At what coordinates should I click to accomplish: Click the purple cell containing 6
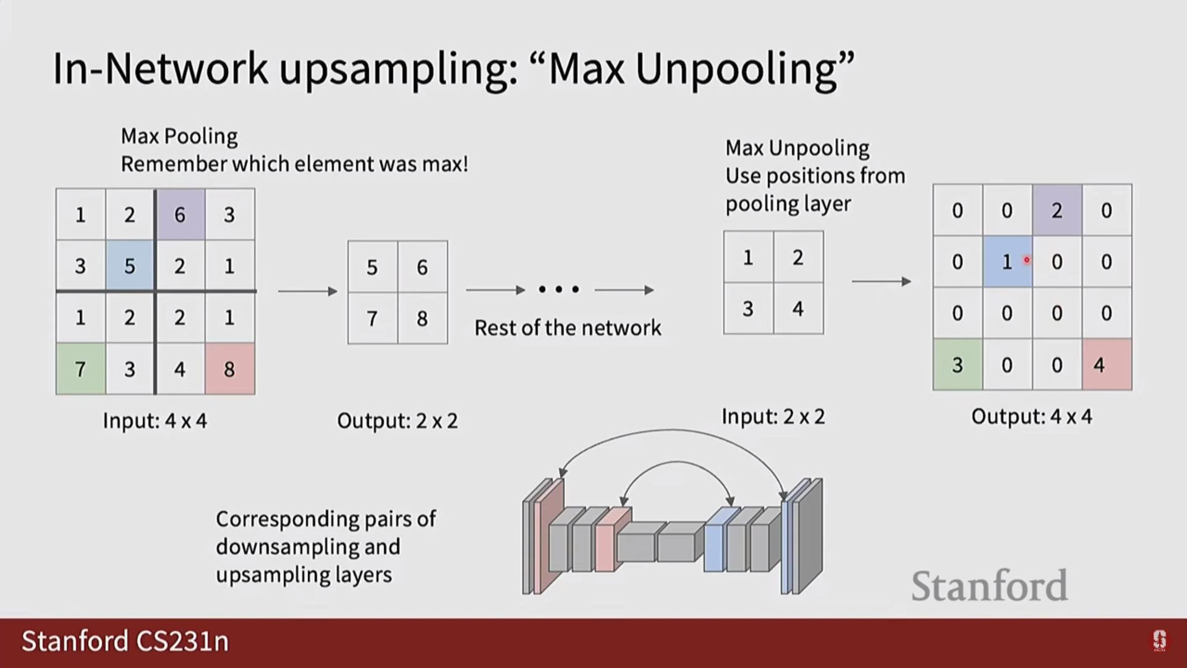pyautogui.click(x=180, y=215)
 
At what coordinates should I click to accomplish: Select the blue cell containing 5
pyautogui.click(x=129, y=266)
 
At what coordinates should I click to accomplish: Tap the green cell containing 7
pyautogui.click(x=80, y=369)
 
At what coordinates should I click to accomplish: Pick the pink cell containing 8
pyautogui.click(x=229, y=369)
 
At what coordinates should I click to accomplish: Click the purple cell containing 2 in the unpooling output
pyautogui.click(x=1057, y=210)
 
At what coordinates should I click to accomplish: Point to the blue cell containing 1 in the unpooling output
pyautogui.click(x=1007, y=262)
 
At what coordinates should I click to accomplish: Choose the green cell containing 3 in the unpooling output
pyautogui.click(x=957, y=365)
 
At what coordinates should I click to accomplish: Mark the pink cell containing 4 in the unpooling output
pyautogui.click(x=1107, y=365)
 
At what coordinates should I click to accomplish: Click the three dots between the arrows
pyautogui.click(x=559, y=289)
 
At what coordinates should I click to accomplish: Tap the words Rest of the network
pyautogui.click(x=568, y=328)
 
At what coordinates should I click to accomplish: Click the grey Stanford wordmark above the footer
pyautogui.click(x=989, y=586)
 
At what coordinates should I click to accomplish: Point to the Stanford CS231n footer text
pyautogui.click(x=126, y=641)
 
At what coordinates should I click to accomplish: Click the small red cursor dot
pyautogui.click(x=1027, y=260)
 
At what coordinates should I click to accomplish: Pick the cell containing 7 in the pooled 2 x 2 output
pyautogui.click(x=372, y=319)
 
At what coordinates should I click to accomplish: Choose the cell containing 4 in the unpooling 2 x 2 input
pyautogui.click(x=798, y=309)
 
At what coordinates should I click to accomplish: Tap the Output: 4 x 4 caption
pyautogui.click(x=1032, y=416)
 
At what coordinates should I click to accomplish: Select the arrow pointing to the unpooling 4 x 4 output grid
pyautogui.click(x=881, y=281)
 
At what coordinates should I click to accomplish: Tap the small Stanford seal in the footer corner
pyautogui.click(x=1159, y=641)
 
